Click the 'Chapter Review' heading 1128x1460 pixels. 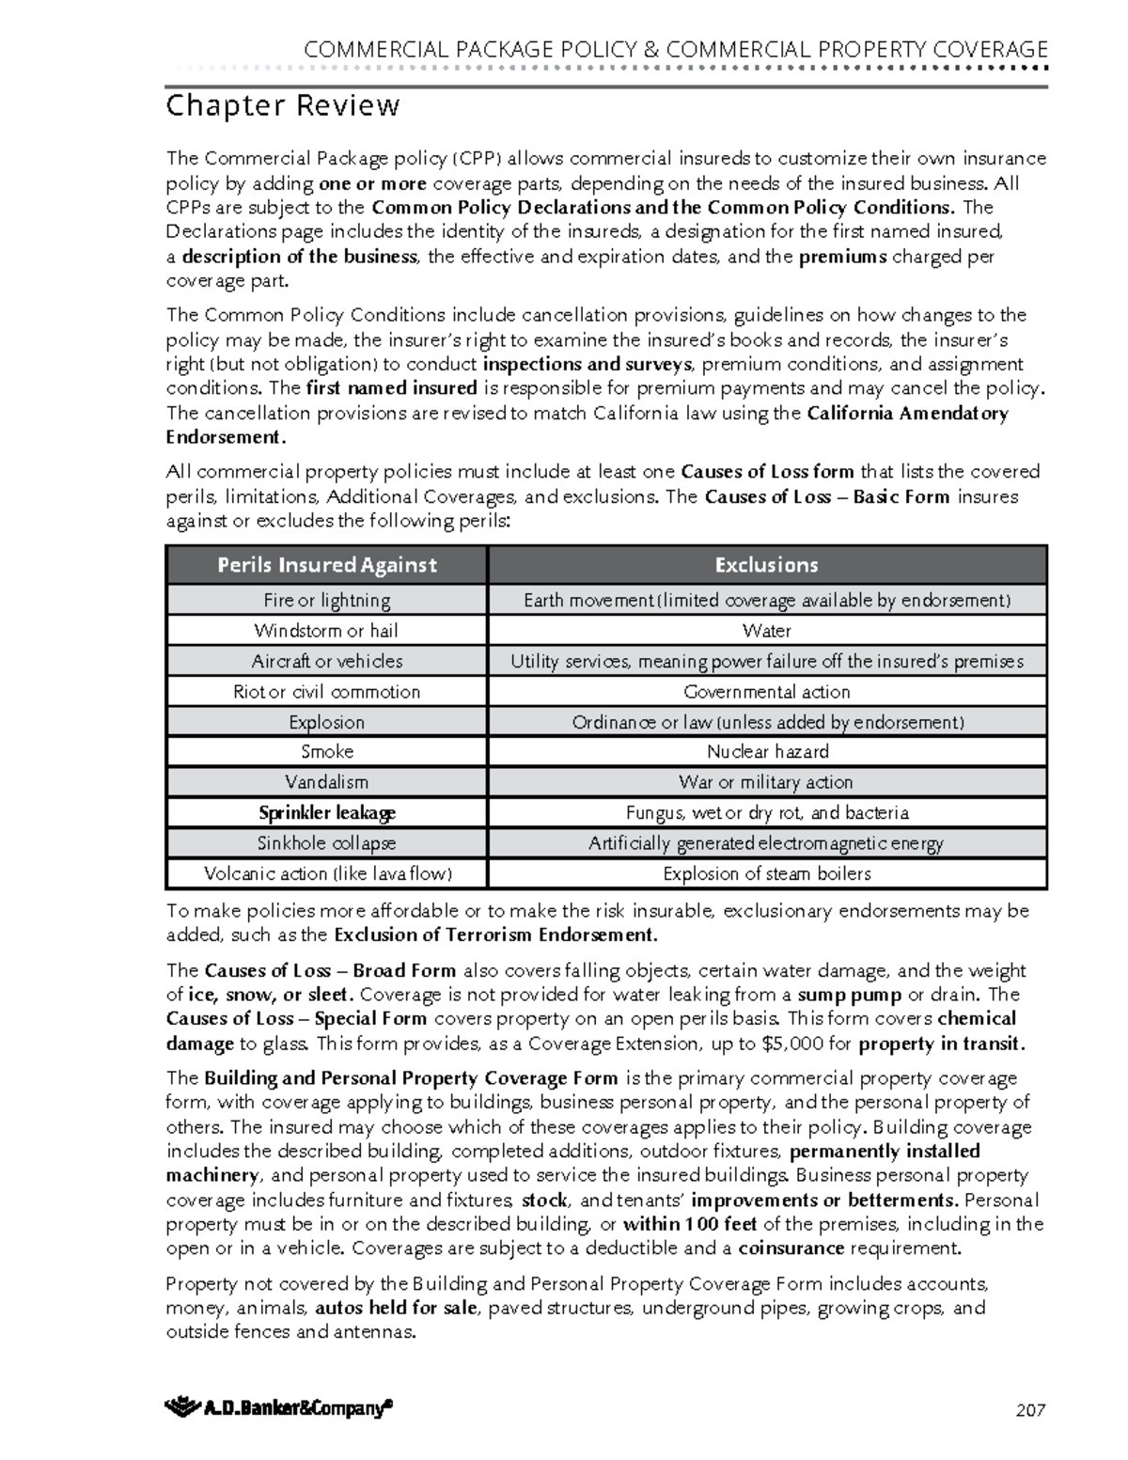(283, 105)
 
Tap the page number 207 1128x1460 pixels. (1030, 1409)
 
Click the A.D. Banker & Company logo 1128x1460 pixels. (278, 1407)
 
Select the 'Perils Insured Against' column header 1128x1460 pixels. (326, 565)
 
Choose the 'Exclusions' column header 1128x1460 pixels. (766, 565)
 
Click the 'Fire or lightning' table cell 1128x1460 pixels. (326, 600)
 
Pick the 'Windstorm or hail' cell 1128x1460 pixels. (326, 631)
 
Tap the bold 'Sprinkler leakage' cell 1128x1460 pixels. (326, 812)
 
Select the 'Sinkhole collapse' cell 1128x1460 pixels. (326, 843)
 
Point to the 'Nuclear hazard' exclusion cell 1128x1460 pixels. (767, 751)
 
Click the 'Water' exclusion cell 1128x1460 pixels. (767, 631)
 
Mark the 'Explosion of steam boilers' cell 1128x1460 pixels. (767, 873)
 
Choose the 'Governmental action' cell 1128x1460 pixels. (767, 692)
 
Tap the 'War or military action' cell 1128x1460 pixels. (767, 782)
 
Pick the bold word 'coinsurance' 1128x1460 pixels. (791, 1248)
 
